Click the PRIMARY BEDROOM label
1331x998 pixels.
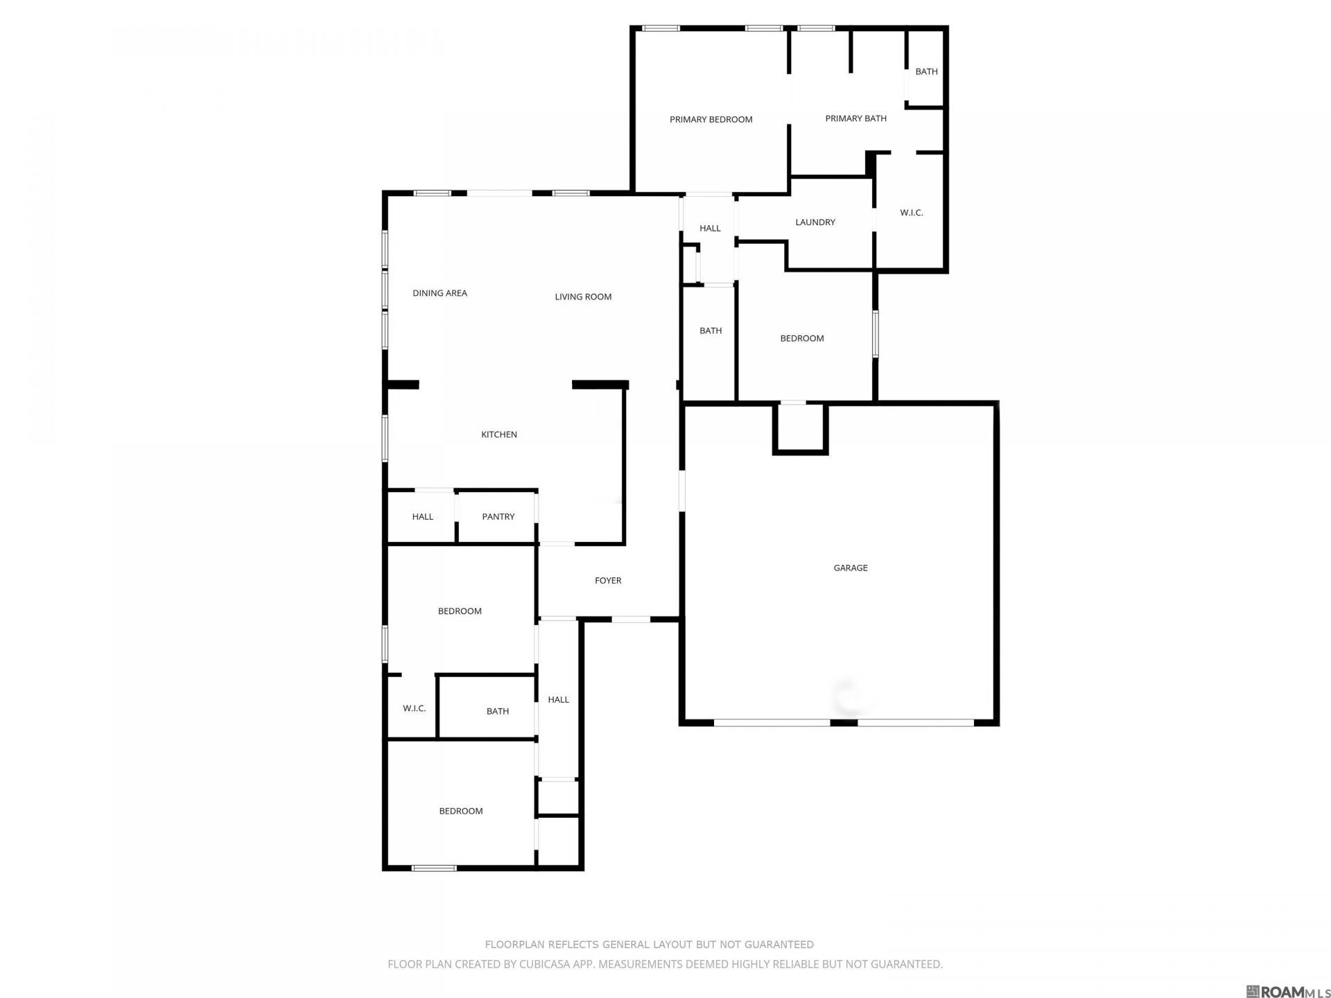click(x=711, y=119)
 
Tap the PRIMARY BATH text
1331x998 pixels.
click(x=855, y=119)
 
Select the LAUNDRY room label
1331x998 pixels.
click(x=815, y=222)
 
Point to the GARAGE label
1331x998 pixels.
click(x=851, y=568)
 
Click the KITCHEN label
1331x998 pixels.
click(x=499, y=435)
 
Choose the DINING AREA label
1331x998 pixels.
click(x=440, y=293)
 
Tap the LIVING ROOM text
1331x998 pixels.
click(x=583, y=297)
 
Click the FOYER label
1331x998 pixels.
click(x=608, y=581)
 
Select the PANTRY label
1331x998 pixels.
click(x=498, y=517)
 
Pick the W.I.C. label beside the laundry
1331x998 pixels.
click(x=912, y=213)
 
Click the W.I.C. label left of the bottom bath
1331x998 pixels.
click(x=415, y=708)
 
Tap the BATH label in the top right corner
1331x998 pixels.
click(x=926, y=71)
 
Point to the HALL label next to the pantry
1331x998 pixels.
click(x=423, y=517)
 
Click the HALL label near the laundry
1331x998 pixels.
click(x=710, y=228)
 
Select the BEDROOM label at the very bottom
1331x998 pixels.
click(x=461, y=811)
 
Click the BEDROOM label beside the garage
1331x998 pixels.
click(x=802, y=338)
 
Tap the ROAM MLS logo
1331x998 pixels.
click(x=1287, y=991)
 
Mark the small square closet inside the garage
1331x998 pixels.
click(x=801, y=429)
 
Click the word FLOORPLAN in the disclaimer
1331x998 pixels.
click(x=515, y=945)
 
